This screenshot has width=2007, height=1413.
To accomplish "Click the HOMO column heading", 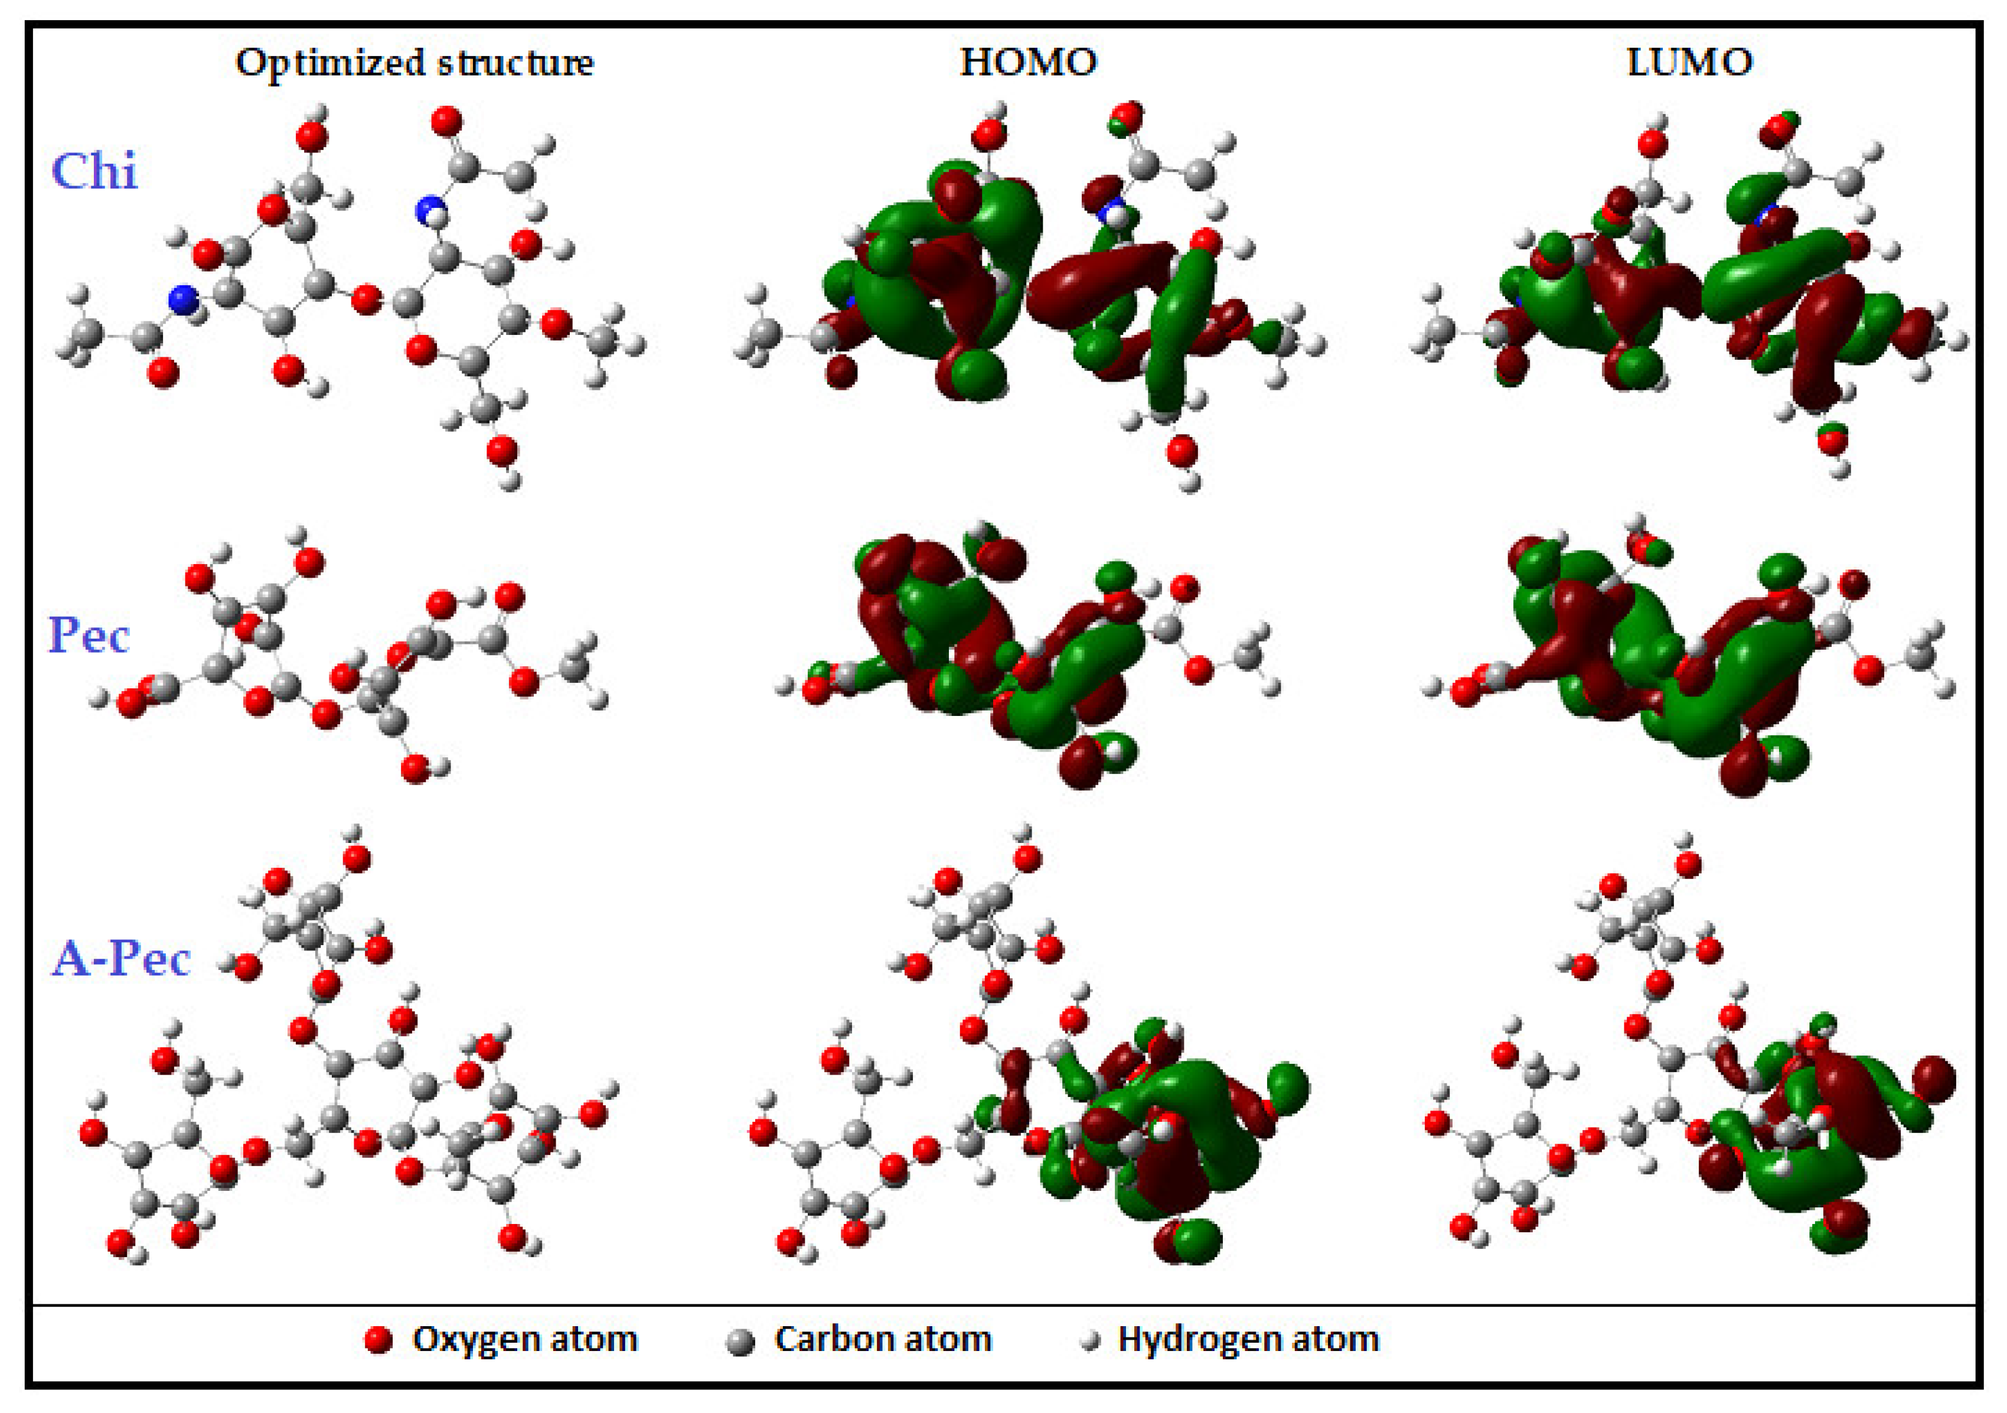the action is click(x=1028, y=62).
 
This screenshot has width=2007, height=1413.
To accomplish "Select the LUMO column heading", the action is click(x=1690, y=62).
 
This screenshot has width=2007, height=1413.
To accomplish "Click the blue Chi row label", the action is click(x=94, y=171).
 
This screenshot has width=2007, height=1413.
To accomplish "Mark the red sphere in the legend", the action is click(x=378, y=1340).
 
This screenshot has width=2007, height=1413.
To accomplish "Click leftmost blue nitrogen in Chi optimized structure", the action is click(x=182, y=300).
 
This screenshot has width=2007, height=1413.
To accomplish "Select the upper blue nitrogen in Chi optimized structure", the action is click(x=430, y=211).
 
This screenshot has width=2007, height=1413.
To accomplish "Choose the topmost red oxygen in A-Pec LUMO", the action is click(x=1687, y=865).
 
